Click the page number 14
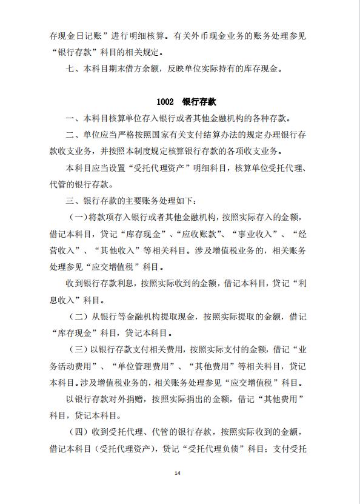(x=178, y=474)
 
